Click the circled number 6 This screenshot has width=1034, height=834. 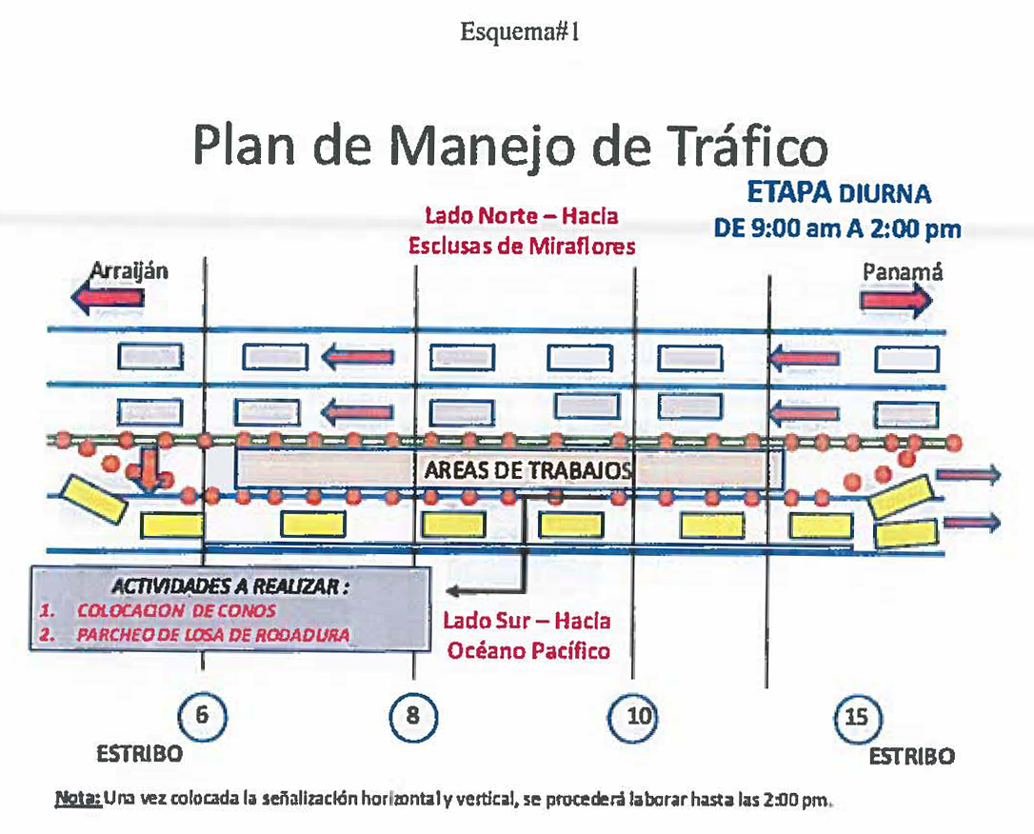203,716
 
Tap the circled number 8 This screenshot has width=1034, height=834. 413,716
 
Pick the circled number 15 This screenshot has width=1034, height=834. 857,717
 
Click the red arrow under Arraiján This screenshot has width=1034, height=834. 108,297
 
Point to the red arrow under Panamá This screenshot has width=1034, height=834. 896,301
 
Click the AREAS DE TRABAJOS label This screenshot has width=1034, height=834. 528,470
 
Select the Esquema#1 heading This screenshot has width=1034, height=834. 520,31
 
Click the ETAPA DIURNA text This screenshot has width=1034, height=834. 839,193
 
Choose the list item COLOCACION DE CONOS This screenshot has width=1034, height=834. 176,610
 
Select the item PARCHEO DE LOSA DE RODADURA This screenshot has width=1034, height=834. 213,635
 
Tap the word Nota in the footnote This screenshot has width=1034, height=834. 78,799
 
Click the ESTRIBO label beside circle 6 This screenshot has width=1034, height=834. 139,754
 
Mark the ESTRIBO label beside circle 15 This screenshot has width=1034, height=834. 911,756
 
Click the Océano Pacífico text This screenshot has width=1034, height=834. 528,650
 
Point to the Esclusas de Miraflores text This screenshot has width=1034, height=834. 522,246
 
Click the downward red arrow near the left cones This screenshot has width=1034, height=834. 149,470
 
